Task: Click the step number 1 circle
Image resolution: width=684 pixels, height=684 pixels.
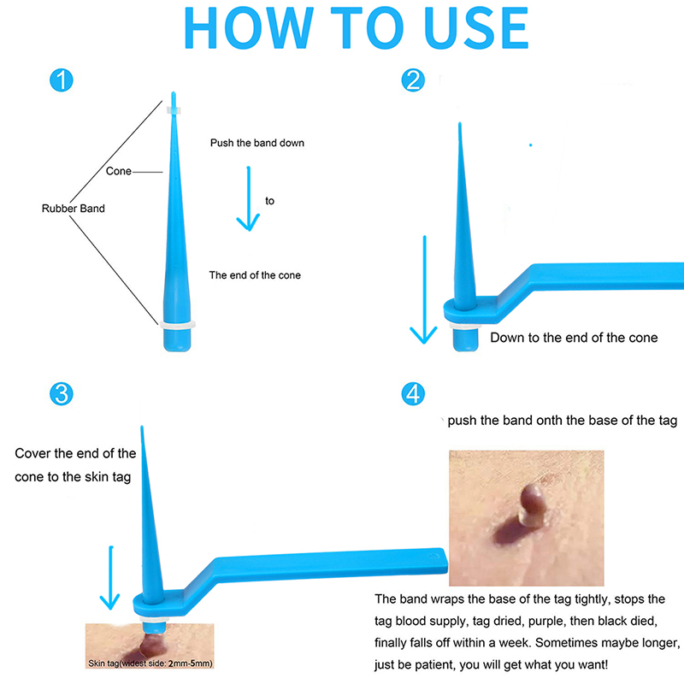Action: [62, 80]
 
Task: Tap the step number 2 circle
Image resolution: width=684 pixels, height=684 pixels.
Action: [413, 80]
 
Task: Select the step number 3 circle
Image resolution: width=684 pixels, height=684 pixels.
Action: [62, 394]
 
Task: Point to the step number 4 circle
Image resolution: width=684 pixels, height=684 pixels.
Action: [413, 394]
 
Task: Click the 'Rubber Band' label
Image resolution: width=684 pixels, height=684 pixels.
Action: [74, 209]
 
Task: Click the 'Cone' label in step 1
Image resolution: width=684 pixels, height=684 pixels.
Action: [118, 171]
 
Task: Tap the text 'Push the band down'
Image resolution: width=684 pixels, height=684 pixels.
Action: [257, 143]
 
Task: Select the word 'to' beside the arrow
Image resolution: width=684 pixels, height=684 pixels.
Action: [269, 201]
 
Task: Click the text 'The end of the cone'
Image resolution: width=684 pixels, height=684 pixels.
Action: [255, 275]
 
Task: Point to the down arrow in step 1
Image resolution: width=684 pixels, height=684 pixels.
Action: [248, 198]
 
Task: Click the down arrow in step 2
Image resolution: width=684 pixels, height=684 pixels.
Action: [423, 290]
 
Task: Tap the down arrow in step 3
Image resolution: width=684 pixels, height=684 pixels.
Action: [110, 578]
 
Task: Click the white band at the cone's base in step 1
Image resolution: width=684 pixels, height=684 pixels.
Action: [178, 325]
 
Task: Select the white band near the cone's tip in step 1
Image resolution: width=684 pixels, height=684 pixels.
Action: [174, 110]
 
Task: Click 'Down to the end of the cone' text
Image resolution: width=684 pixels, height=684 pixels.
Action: [574, 338]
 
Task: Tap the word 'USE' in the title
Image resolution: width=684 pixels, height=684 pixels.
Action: [476, 28]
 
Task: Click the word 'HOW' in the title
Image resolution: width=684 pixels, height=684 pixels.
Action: [249, 28]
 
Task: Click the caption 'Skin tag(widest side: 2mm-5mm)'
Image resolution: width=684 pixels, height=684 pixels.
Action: [150, 663]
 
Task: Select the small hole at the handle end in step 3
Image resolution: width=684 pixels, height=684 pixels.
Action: [433, 557]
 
